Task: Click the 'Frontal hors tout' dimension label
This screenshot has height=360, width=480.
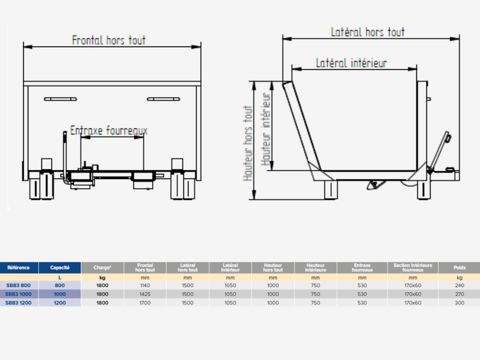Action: (109, 40)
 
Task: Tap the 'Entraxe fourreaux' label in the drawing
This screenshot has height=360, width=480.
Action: (109, 130)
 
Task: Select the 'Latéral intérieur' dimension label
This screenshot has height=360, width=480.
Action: (352, 63)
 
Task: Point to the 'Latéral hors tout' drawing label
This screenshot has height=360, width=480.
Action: (368, 32)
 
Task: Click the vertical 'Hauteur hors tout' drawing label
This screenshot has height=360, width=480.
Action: (248, 144)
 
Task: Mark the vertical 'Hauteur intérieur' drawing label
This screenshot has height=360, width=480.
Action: (266, 129)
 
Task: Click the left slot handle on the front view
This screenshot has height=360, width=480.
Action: (61, 99)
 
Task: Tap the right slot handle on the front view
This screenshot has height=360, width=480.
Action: (164, 99)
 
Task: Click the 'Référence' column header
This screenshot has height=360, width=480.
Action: (19, 267)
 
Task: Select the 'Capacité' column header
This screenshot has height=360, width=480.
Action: (60, 267)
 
